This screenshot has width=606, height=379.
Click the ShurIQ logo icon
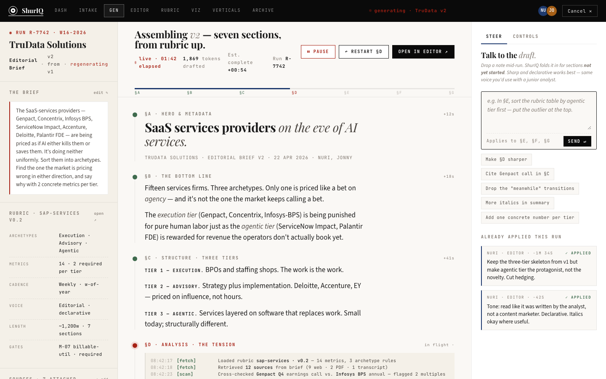click(x=13, y=11)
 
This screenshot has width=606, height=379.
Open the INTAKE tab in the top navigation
click(x=88, y=11)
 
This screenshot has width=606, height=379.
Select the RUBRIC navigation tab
click(x=170, y=11)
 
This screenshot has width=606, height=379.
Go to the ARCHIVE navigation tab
click(x=263, y=11)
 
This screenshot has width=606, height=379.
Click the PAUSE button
click(x=318, y=52)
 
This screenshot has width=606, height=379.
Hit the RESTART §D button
click(x=364, y=52)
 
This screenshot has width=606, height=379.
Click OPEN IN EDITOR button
click(x=423, y=52)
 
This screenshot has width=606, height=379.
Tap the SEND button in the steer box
click(x=577, y=141)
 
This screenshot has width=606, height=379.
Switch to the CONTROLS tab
click(x=525, y=37)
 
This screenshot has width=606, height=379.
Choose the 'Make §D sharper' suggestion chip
click(x=506, y=160)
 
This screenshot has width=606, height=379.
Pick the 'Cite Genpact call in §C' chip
click(x=517, y=174)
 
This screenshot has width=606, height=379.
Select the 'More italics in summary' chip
click(x=517, y=203)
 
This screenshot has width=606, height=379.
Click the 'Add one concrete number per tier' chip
click(x=529, y=218)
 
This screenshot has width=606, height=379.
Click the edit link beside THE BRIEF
click(x=101, y=93)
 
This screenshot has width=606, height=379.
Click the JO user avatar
click(x=552, y=11)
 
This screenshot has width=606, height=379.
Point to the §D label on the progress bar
click(x=294, y=93)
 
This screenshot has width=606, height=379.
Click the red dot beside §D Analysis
click(x=135, y=346)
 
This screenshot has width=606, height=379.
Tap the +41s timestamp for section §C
click(x=449, y=258)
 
